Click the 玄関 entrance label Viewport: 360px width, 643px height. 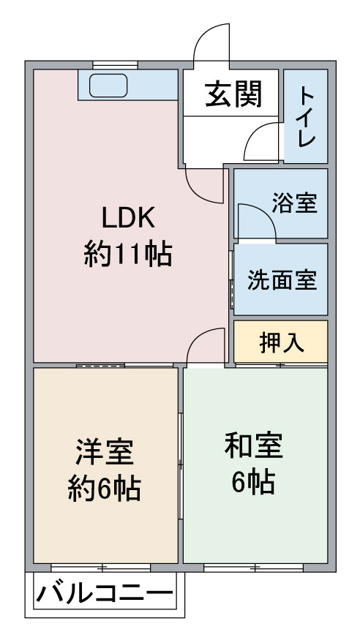(233, 94)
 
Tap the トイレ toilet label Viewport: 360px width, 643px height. (307, 118)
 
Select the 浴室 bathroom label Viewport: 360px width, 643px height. (295, 203)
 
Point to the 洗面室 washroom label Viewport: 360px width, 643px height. (282, 281)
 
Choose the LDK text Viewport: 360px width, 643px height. (128, 218)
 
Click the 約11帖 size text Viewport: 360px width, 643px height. (128, 255)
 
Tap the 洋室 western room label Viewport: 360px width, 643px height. (105, 452)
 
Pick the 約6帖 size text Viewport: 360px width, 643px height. (105, 488)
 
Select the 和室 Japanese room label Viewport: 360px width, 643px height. (254, 445)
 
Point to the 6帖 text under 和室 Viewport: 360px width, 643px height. (253, 483)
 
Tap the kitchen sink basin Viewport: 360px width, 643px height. (108, 86)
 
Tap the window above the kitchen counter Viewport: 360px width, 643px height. (115, 65)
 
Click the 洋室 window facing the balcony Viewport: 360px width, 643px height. (101, 568)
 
